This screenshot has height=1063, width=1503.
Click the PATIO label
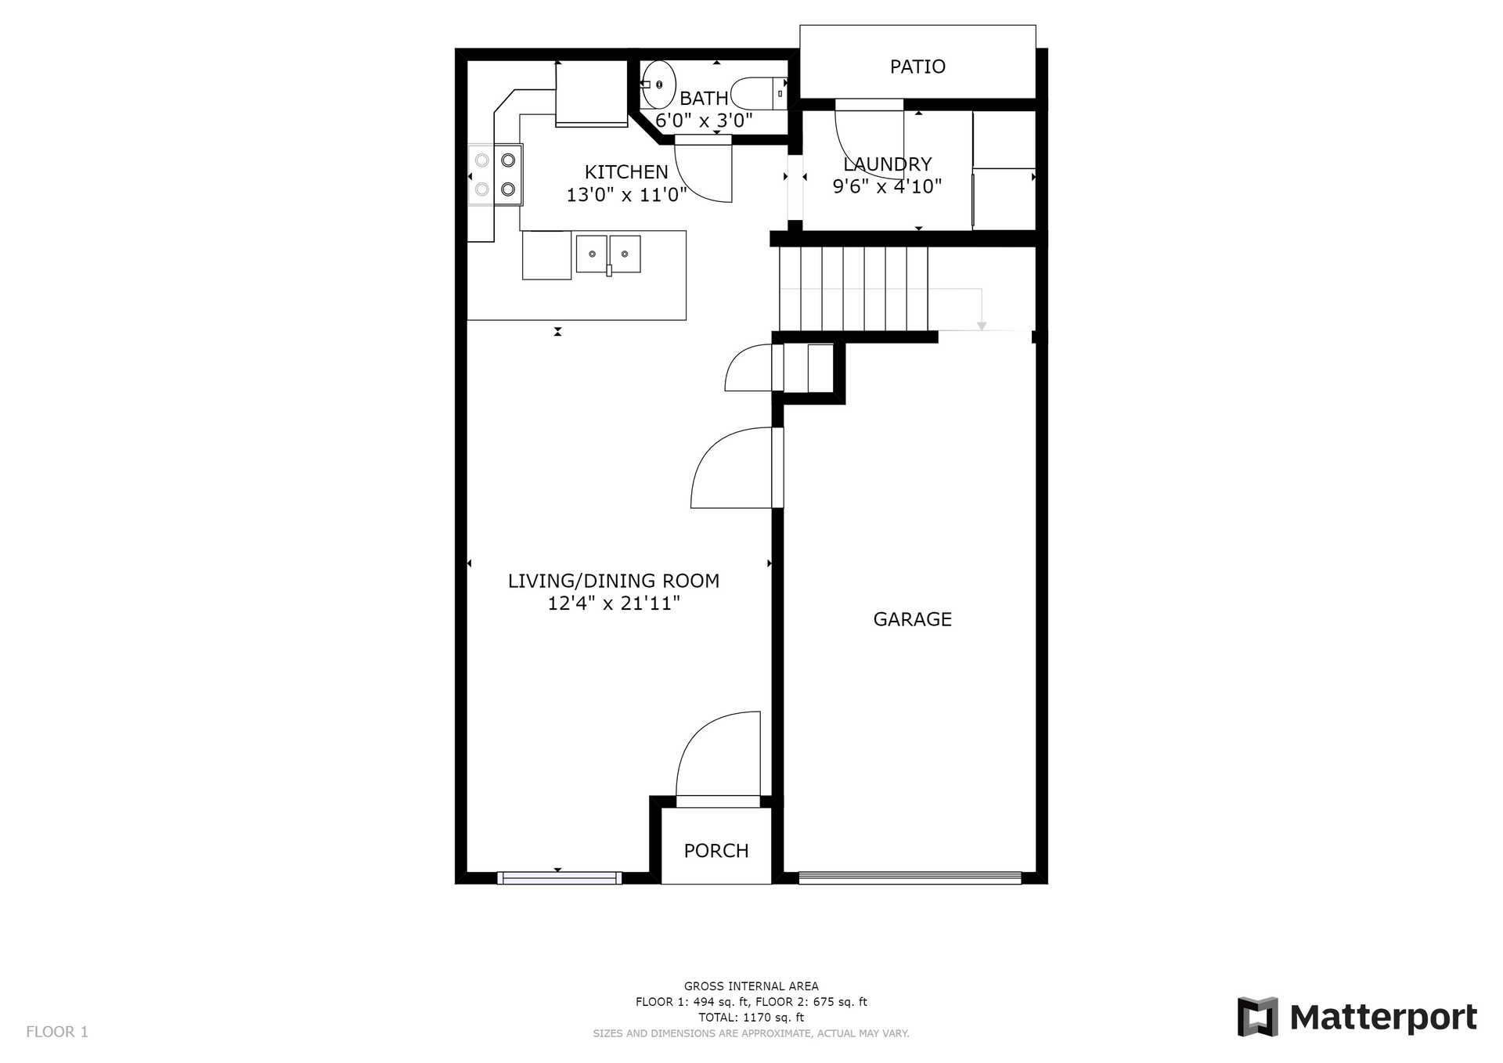coord(917,67)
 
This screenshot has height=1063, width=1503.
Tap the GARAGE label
coord(912,619)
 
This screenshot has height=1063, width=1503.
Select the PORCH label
coord(716,851)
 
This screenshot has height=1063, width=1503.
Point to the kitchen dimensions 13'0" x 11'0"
coord(626,194)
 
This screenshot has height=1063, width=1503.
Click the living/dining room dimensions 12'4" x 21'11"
coord(614,604)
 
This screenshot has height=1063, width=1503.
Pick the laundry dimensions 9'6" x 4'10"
coord(887,186)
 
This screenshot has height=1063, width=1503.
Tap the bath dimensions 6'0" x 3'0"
coord(704,121)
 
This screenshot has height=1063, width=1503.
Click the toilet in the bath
coord(759,93)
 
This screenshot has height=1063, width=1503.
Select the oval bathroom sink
coord(659,85)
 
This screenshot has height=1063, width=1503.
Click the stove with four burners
coord(496,175)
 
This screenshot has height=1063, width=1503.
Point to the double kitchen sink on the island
coord(608,254)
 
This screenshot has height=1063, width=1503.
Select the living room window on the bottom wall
coord(560,878)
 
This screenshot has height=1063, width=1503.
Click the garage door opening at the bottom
coord(910,878)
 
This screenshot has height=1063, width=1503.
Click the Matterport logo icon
coord(1258,1017)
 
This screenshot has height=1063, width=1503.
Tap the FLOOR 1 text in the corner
coord(57,1032)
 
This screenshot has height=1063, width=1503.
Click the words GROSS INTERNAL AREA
coord(751,986)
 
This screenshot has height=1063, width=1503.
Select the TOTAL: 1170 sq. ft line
coord(751,1018)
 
